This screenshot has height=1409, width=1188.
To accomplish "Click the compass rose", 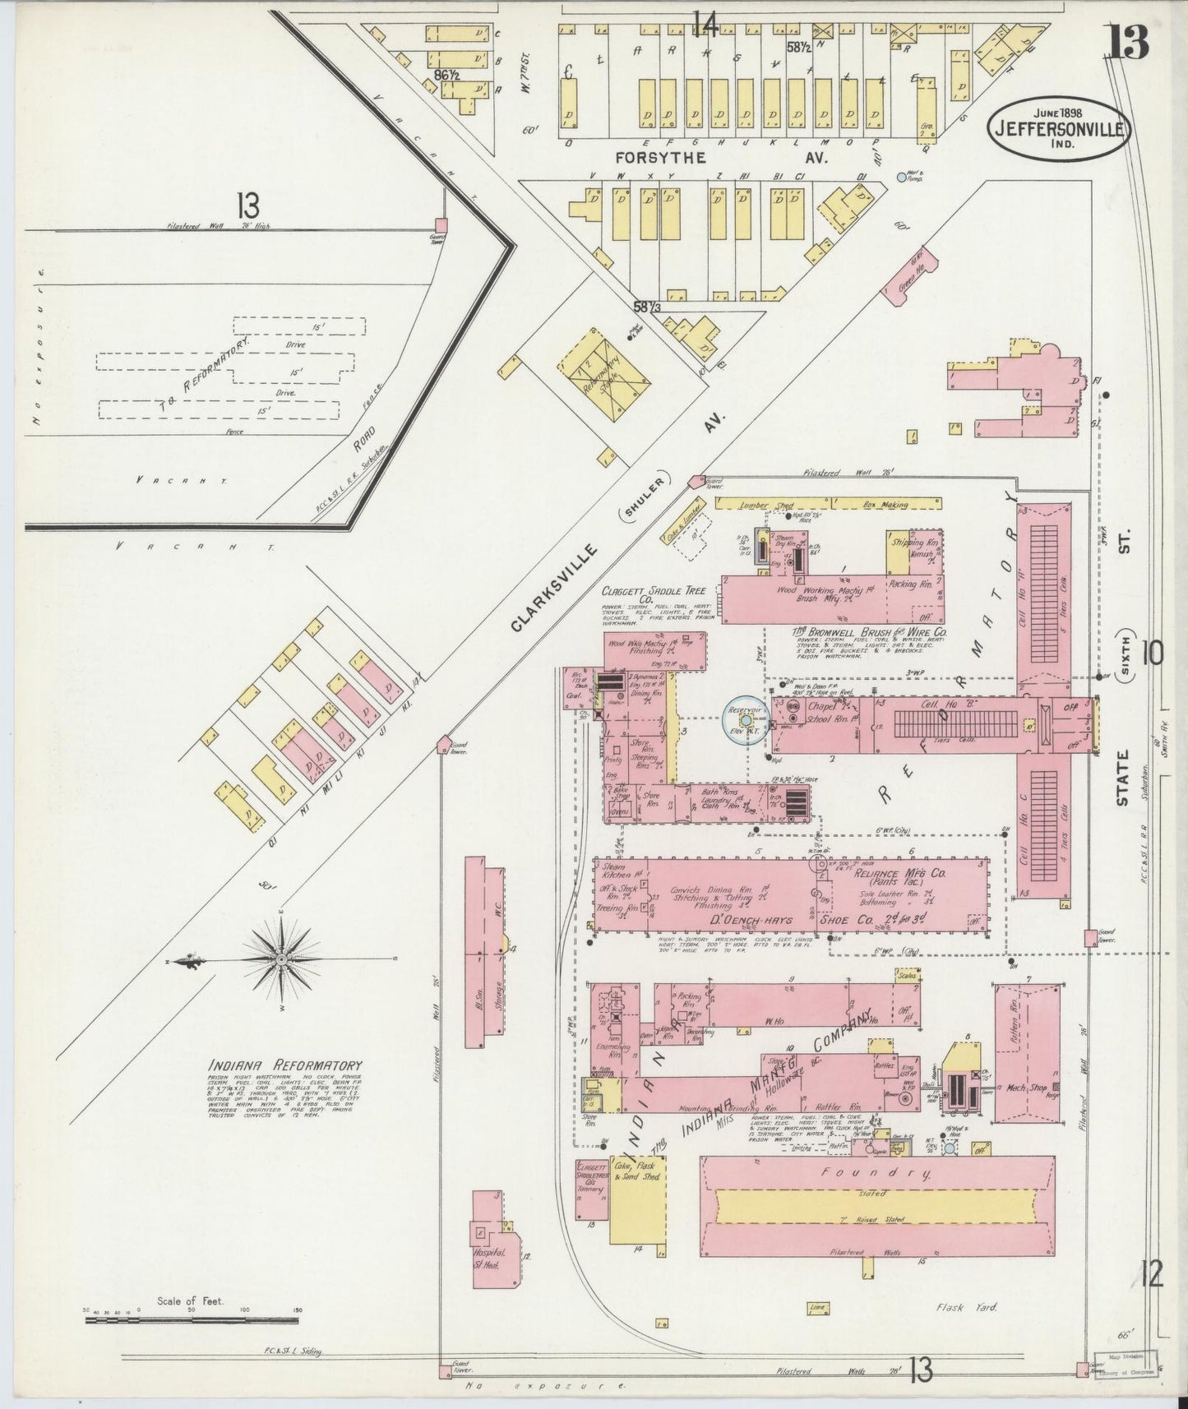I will [x=281, y=959].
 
